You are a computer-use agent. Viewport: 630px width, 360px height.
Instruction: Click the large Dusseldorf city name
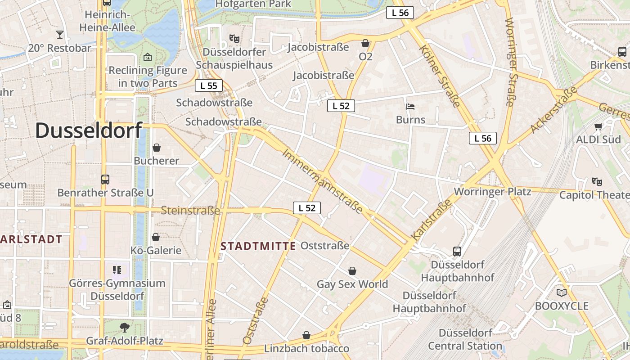click(89, 130)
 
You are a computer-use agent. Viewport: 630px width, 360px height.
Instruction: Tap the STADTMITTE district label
click(258, 246)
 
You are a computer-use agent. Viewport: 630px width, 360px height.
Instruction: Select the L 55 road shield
click(209, 85)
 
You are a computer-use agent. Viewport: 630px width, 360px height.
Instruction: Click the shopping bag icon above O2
click(365, 44)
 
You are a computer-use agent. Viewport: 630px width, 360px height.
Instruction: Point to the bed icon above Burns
click(410, 107)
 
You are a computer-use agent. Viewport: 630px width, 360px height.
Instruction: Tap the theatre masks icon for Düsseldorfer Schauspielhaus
click(234, 39)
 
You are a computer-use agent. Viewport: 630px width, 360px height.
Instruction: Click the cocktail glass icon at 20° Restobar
click(59, 35)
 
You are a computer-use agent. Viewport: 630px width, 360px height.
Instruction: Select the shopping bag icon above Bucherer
click(157, 148)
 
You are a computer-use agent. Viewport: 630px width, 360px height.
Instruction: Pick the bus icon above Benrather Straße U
click(105, 180)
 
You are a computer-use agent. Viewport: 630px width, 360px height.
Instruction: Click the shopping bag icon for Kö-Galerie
click(156, 237)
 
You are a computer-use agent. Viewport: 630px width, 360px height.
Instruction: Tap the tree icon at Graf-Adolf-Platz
click(125, 328)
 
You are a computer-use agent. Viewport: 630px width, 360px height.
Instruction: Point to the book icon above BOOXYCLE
click(562, 293)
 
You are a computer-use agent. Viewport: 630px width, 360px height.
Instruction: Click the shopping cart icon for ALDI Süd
click(598, 127)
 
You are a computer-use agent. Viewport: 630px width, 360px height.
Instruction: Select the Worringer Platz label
click(492, 192)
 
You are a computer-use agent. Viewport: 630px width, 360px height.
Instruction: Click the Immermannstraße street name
click(322, 181)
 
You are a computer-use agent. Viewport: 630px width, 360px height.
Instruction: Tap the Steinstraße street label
click(190, 210)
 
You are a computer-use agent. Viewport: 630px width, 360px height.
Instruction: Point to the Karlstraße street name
click(431, 220)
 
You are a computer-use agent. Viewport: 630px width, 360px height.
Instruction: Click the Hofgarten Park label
click(253, 4)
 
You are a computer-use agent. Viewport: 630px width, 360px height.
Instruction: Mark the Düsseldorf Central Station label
click(465, 339)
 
